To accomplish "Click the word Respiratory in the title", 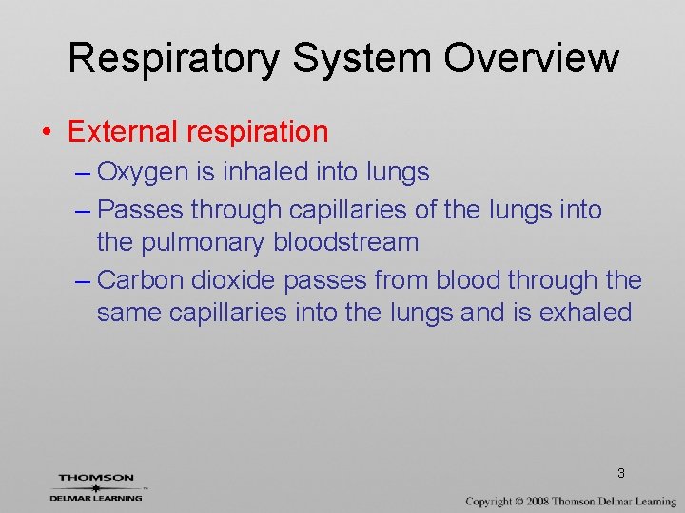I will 173,59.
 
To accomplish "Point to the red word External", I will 122,132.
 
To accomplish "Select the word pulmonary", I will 203,242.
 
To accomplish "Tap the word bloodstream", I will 346,242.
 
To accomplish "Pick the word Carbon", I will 140,280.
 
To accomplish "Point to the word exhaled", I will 586,313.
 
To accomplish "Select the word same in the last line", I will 129,313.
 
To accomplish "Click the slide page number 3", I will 620,473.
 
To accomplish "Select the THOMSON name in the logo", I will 96,478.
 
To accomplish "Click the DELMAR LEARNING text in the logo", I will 96,497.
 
